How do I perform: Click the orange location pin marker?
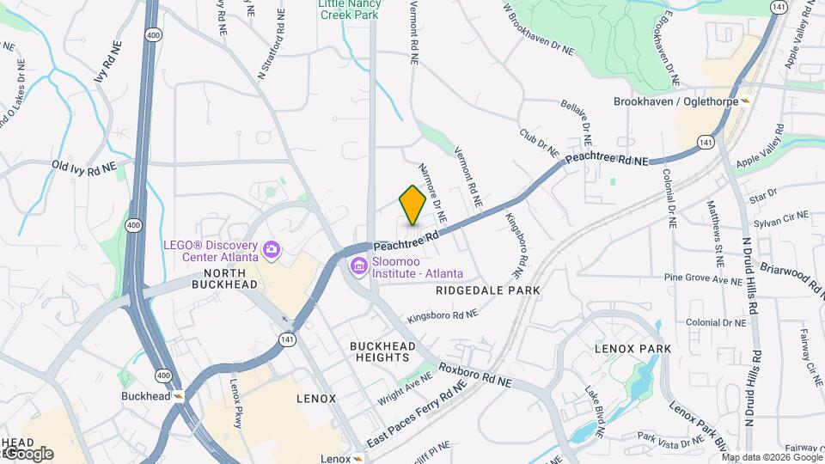[413, 205]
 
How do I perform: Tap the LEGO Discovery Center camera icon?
[272, 249]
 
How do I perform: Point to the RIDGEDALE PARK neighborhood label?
[488, 290]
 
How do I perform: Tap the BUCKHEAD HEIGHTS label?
[382, 351]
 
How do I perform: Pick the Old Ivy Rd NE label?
[83, 167]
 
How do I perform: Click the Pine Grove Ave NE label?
[703, 279]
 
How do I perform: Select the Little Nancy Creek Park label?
[349, 9]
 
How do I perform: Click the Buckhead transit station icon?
[179, 396]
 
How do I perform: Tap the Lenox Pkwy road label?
[236, 403]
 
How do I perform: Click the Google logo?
[28, 453]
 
